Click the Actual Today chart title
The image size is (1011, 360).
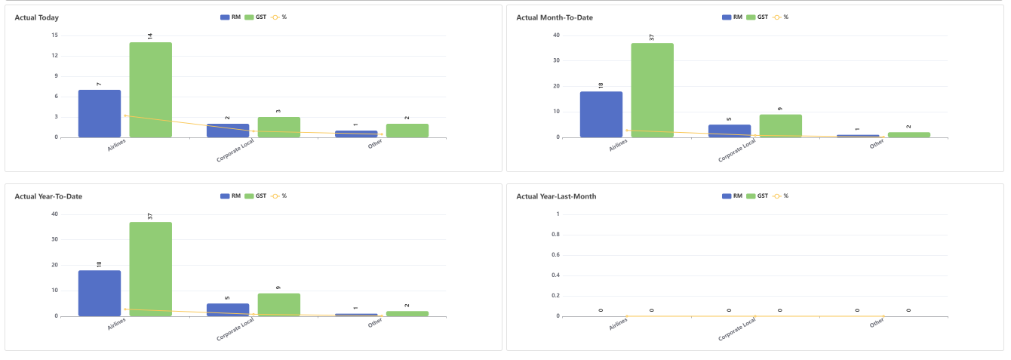click(x=37, y=17)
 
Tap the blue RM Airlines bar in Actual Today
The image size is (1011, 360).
click(x=100, y=113)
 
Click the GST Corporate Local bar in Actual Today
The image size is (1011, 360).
click(x=278, y=127)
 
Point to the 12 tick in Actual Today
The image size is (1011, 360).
click(x=55, y=55)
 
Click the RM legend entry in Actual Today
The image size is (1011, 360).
click(x=230, y=17)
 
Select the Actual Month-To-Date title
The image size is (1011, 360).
click(x=554, y=17)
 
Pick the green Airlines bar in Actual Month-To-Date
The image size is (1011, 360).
click(x=652, y=90)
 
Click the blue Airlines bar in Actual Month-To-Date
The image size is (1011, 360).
click(x=601, y=114)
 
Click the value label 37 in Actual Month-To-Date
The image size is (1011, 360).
click(x=652, y=37)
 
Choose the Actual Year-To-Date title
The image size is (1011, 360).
click(x=48, y=196)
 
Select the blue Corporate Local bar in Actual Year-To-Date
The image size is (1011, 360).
click(x=228, y=309)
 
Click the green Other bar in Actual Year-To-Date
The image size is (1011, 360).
click(x=407, y=313)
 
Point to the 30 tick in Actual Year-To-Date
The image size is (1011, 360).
click(x=54, y=239)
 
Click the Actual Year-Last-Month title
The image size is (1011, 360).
click(x=556, y=196)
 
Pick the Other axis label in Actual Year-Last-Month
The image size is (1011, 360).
click(x=876, y=322)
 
